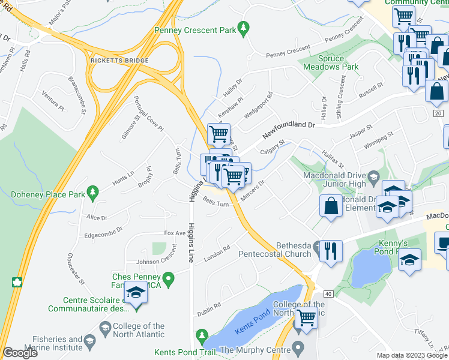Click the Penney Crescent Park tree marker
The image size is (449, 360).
coord(243,28)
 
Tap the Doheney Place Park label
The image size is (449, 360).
coord(46,195)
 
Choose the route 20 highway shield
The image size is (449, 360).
coord(437,113)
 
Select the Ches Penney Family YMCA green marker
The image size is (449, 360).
coord(169,277)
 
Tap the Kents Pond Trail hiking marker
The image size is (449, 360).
coord(202,334)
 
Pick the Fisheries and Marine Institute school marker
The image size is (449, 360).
coord(89,342)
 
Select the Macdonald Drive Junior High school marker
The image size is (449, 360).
coord(373,176)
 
